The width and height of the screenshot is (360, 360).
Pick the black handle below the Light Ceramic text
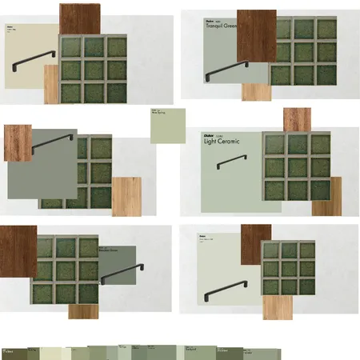tap(231, 162)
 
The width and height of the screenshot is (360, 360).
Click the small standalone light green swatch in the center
tap(167, 125)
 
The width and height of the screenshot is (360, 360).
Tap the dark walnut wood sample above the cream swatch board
tap(79, 18)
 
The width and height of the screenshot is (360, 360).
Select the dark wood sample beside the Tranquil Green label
tap(256, 34)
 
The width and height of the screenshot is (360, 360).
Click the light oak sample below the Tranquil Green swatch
tap(256, 92)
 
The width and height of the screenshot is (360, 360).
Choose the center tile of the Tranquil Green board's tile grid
tap(303, 52)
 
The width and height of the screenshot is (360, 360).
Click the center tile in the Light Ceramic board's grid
tap(296, 166)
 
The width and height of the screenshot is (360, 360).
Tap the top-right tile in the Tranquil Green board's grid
tap(326, 30)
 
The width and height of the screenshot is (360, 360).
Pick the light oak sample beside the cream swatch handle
tap(51, 84)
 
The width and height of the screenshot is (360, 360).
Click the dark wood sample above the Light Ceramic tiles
tap(297, 119)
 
